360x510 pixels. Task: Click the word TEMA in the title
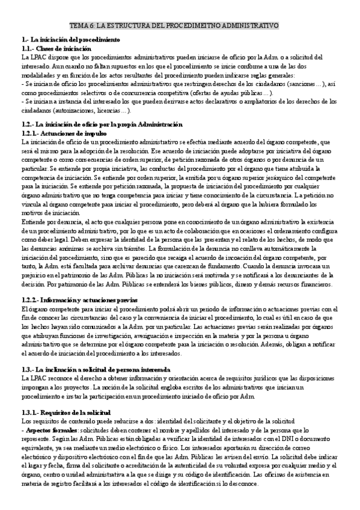79,26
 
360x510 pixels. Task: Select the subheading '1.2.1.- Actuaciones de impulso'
64,133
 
